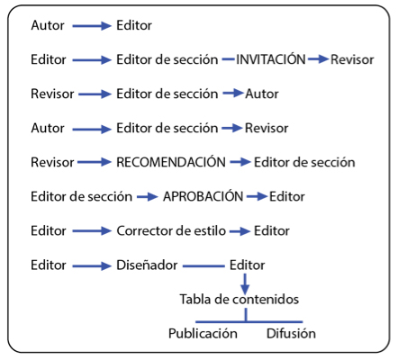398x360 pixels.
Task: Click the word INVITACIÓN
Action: [271, 58]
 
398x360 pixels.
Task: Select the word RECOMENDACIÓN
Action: [171, 161]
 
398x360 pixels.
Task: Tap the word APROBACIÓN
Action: [203, 196]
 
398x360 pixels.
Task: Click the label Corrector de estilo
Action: [171, 230]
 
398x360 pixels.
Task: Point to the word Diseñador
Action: [147, 265]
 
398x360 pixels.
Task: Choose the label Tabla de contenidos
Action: [240, 299]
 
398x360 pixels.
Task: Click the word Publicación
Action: [203, 333]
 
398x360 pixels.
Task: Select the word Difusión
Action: [291, 333]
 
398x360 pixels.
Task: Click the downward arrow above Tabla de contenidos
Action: [245, 284]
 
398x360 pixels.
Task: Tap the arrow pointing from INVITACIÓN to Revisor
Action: [318, 59]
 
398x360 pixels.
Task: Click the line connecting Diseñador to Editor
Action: [204, 265]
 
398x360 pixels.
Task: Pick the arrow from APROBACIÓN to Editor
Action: [257, 197]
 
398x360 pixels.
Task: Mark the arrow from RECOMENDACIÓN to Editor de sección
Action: [240, 162]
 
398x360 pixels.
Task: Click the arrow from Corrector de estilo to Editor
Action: [240, 231]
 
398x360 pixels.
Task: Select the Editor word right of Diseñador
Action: [248, 265]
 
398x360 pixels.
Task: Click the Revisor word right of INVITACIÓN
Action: [352, 59]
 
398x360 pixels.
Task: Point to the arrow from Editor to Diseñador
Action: [92, 265]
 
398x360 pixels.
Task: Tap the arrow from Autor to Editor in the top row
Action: [92, 26]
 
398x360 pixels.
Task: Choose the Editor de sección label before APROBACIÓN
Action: [82, 196]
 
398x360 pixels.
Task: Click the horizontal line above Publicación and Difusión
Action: [249, 322]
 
